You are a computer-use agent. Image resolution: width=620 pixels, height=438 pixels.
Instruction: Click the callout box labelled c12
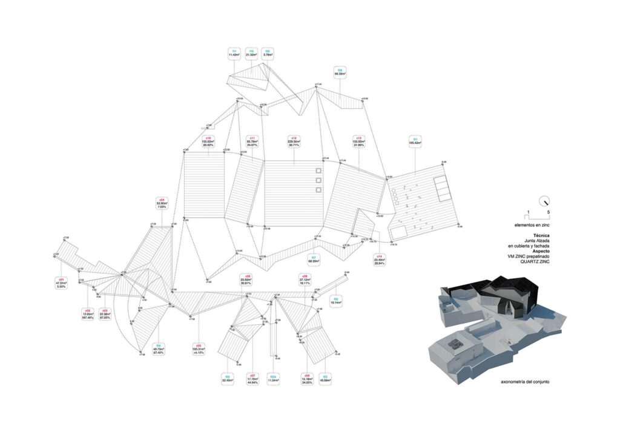[294, 142]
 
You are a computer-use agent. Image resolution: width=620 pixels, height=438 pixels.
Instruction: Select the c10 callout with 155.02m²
[208, 142]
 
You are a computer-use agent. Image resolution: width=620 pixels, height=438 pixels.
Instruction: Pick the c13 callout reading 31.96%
[359, 142]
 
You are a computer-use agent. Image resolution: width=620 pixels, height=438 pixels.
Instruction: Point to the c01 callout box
[61, 283]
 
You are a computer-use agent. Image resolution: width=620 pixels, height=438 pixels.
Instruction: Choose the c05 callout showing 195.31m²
[197, 350]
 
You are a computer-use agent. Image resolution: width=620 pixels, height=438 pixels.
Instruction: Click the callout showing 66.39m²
[340, 71]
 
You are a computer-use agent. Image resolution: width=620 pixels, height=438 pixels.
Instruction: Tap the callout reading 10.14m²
[335, 301]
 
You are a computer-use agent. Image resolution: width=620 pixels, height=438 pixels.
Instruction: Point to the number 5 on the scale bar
[549, 213]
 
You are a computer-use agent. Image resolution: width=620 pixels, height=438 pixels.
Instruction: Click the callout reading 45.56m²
[325, 378]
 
